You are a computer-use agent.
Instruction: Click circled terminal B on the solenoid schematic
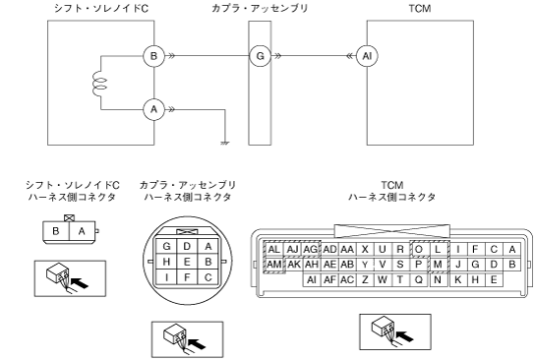point(153,56)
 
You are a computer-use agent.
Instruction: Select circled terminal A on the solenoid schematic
point(153,109)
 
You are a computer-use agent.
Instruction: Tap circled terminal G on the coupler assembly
point(260,56)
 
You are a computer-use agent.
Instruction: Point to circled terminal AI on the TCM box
point(367,56)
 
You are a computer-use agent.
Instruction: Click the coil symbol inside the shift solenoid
point(99,83)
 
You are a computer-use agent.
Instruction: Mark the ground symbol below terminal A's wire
point(225,143)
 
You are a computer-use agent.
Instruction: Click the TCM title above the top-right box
point(420,8)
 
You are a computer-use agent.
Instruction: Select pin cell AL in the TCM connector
point(274,250)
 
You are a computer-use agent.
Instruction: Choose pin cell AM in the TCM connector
point(274,265)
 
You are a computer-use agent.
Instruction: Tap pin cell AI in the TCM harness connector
point(312,279)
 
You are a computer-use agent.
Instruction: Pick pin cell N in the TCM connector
point(438,279)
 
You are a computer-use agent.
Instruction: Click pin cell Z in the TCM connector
point(365,279)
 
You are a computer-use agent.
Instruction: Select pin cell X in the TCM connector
point(365,250)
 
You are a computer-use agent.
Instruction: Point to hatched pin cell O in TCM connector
point(419,250)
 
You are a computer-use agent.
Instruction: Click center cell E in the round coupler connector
point(187,262)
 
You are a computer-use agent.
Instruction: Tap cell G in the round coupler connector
point(166,246)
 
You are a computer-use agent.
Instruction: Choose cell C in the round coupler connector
point(208,277)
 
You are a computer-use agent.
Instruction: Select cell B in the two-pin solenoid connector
point(56,231)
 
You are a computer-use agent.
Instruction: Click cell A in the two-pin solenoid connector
point(82,231)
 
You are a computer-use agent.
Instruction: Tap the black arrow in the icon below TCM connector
point(404,336)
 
